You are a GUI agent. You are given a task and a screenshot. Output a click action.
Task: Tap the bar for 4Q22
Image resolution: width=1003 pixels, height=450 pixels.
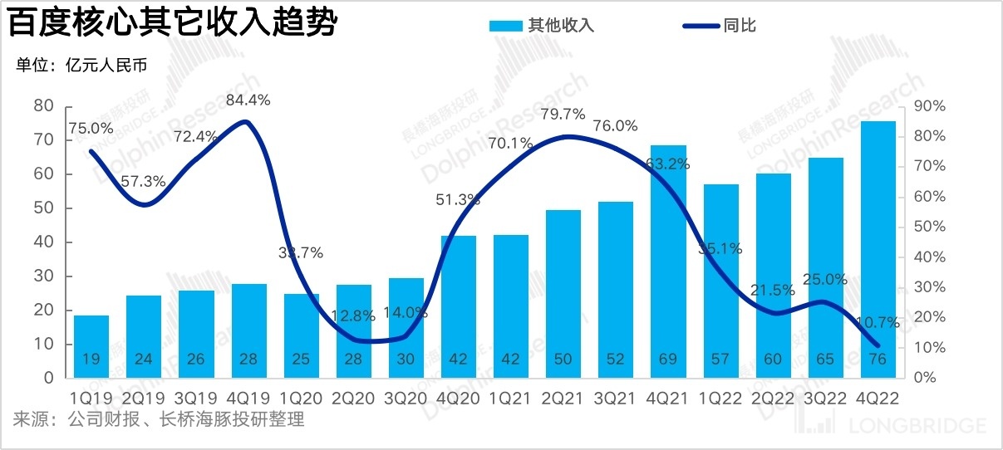(878, 249)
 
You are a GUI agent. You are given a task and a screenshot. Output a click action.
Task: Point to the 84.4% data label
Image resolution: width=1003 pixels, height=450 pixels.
(248, 100)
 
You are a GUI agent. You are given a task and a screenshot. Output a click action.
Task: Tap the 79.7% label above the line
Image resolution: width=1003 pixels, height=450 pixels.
(564, 114)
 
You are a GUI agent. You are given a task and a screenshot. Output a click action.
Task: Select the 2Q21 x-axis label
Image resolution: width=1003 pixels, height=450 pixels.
(564, 398)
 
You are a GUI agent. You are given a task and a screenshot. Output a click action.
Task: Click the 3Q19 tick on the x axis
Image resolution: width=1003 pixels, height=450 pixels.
(196, 398)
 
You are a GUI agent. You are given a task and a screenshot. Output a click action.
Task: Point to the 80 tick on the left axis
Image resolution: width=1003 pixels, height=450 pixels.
(43, 106)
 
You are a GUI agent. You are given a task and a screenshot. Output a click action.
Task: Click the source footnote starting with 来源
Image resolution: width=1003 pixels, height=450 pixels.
(159, 420)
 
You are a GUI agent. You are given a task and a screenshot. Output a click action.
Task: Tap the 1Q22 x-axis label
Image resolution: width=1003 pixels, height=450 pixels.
(721, 398)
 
